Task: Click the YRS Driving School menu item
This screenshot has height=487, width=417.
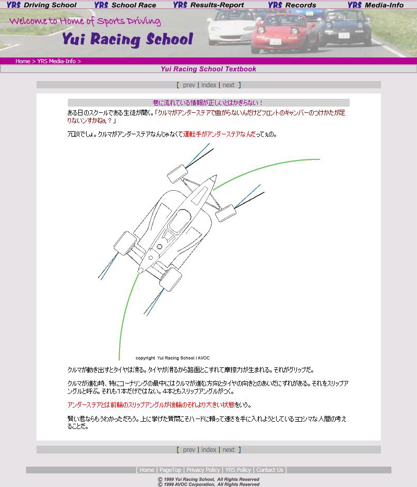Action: click(41, 5)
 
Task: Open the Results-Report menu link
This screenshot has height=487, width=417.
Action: click(208, 5)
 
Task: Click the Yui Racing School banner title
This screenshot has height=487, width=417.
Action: click(127, 39)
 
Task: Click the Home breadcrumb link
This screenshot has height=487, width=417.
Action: click(22, 61)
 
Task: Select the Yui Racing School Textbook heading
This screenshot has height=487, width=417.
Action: click(208, 69)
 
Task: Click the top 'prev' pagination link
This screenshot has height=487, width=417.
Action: click(189, 85)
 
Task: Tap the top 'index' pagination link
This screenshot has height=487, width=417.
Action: click(209, 85)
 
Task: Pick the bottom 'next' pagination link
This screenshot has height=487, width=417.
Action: click(229, 449)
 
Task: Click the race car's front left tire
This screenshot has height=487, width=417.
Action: click(177, 173)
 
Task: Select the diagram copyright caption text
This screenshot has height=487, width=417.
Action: click(172, 358)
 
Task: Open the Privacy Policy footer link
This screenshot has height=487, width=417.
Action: click(204, 470)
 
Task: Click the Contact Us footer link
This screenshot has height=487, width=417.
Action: click(270, 470)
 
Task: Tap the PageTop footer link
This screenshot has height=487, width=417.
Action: click(170, 470)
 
